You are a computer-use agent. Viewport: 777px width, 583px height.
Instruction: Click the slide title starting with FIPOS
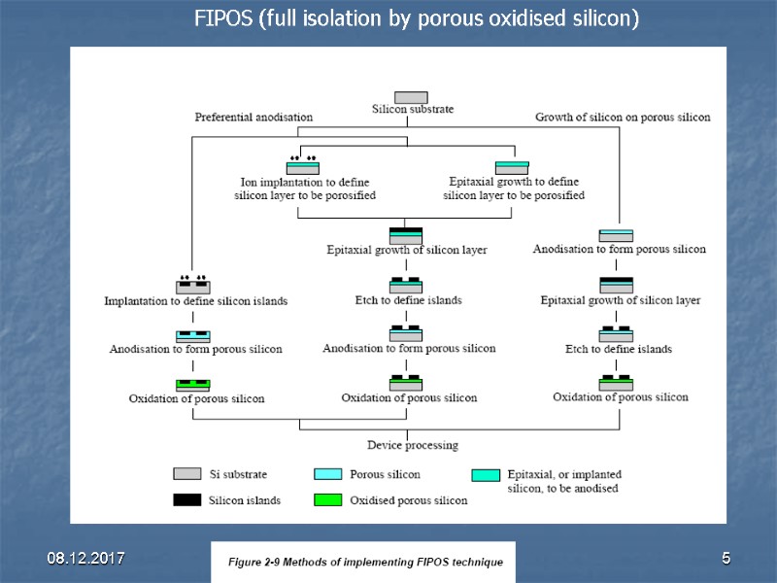coord(416,19)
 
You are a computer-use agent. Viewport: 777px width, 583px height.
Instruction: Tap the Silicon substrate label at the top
coord(412,109)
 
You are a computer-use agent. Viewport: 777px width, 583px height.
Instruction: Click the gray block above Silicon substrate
coord(411,96)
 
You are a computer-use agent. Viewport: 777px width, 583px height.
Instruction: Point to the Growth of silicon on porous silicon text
coord(623,118)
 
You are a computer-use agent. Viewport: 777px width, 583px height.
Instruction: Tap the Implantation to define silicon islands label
coord(196,301)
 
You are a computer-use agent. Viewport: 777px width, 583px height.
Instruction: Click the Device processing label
coord(412,445)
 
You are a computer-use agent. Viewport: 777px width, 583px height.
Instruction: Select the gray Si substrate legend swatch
coord(187,474)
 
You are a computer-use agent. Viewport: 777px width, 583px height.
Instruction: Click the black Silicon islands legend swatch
coord(187,500)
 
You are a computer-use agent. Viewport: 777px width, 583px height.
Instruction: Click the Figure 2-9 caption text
coord(364,563)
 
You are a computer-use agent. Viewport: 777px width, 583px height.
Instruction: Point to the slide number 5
coord(725,558)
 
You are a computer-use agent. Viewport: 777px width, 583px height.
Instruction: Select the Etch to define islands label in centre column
coord(408,300)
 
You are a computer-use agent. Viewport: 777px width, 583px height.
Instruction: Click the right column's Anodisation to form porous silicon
coord(619,250)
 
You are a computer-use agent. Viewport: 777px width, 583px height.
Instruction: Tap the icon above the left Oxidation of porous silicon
coord(193,384)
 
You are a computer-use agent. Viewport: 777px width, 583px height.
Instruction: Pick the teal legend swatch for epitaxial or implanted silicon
coord(485,475)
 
